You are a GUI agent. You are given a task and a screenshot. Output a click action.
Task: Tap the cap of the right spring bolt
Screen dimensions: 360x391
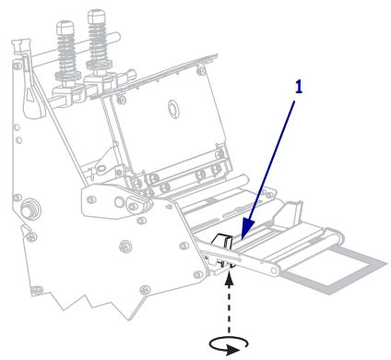click(97, 16)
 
